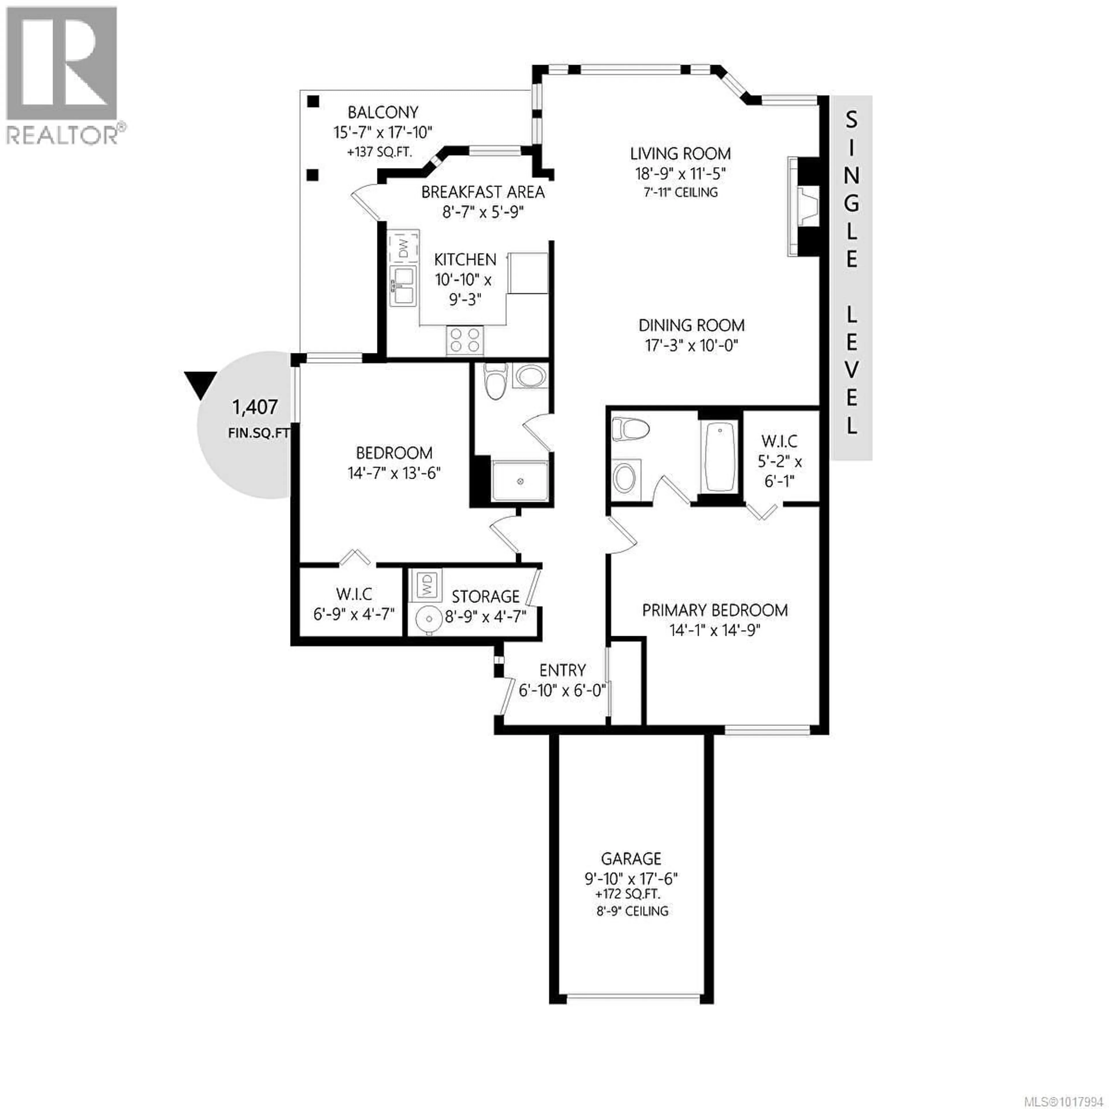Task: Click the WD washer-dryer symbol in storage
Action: coord(425,585)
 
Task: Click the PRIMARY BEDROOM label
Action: coord(715,610)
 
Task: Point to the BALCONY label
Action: coord(383,112)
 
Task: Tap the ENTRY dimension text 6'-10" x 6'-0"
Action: coord(563,690)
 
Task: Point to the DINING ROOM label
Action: coord(692,325)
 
